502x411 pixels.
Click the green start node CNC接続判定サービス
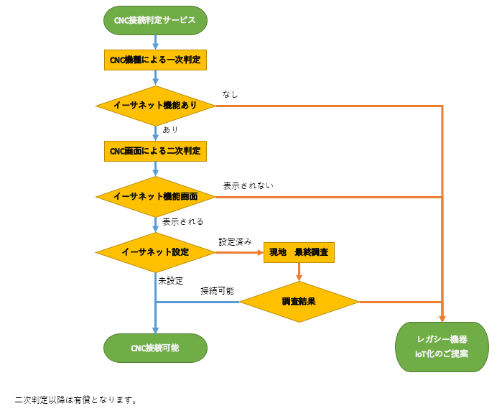click(x=155, y=21)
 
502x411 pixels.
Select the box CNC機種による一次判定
click(x=155, y=60)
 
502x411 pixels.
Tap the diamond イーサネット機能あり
click(x=155, y=106)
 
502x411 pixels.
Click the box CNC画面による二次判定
click(x=155, y=151)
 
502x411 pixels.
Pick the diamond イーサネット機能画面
click(x=155, y=196)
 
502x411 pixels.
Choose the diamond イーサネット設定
click(x=155, y=252)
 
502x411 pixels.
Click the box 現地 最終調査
click(x=299, y=252)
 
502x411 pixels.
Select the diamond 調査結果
click(x=299, y=302)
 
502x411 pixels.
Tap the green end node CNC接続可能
click(x=155, y=348)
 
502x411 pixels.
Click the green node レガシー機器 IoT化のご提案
click(x=442, y=346)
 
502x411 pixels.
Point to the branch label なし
click(x=230, y=94)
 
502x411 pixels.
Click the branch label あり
click(x=170, y=130)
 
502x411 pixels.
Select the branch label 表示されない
click(x=248, y=185)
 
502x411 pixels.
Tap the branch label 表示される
click(x=183, y=221)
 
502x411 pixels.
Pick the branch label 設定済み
click(x=236, y=241)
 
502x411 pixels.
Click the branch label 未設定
click(x=171, y=280)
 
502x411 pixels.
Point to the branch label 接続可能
click(x=217, y=291)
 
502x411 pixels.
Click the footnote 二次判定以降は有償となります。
click(x=75, y=400)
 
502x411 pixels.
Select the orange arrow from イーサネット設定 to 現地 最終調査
click(x=239, y=252)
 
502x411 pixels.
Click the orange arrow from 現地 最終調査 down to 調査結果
click(x=299, y=272)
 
